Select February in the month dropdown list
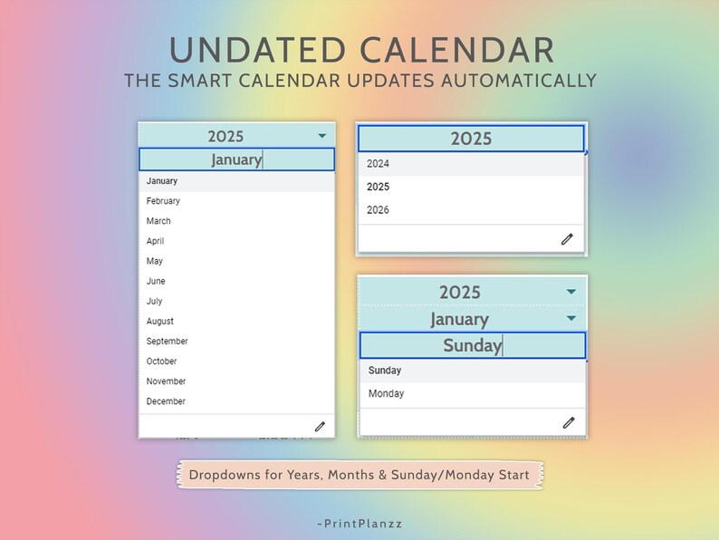click(164, 201)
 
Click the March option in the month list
click(158, 221)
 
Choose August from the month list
click(160, 322)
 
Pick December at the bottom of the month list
click(166, 401)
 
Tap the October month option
click(162, 362)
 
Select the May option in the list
click(155, 261)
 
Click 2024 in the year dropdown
click(379, 164)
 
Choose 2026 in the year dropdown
click(379, 210)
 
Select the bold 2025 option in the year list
click(379, 187)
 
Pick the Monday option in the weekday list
click(387, 394)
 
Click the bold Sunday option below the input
click(385, 371)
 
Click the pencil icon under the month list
click(320, 426)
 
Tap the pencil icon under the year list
click(567, 239)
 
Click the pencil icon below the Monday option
click(568, 422)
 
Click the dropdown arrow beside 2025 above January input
click(322, 136)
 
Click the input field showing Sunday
click(472, 345)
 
